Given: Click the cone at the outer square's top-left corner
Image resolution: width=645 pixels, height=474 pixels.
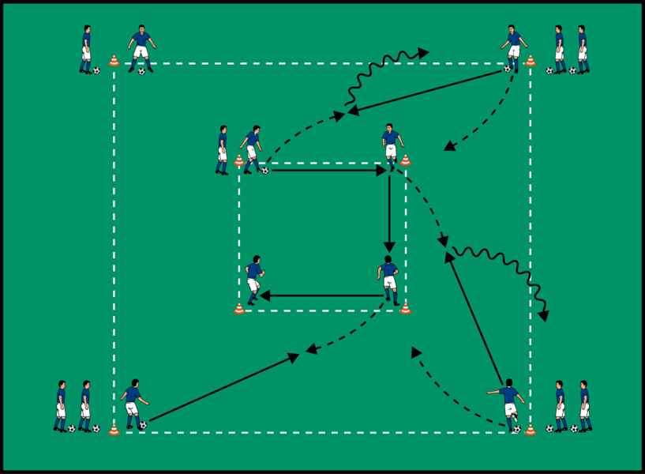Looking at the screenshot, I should [x=114, y=60].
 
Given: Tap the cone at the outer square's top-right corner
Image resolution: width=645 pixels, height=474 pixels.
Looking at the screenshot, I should [x=530, y=60].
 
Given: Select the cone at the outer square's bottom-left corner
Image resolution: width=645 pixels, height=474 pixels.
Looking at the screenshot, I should [x=114, y=430].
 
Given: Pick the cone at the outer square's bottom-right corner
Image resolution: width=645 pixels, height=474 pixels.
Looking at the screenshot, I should [x=530, y=430].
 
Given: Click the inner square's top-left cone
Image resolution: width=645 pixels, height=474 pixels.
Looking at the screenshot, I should [x=239, y=160].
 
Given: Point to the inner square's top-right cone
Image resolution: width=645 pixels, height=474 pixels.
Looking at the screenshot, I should [x=405, y=160].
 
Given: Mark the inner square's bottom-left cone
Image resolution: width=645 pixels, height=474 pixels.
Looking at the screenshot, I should [x=239, y=308].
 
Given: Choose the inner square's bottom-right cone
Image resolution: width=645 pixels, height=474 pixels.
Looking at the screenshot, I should [x=405, y=308].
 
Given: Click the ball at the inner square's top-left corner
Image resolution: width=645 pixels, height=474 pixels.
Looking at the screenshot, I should [x=264, y=169].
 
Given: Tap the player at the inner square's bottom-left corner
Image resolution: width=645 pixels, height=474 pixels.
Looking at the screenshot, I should [x=253, y=279].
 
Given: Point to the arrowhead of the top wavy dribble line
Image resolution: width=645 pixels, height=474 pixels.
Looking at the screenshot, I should [x=425, y=53].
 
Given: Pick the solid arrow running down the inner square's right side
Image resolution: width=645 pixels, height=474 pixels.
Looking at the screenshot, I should [x=388, y=213].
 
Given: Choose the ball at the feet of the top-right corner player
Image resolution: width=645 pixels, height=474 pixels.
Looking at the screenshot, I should [x=508, y=69].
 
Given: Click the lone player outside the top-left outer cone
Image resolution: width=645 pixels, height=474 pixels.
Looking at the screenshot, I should [x=85, y=49].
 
